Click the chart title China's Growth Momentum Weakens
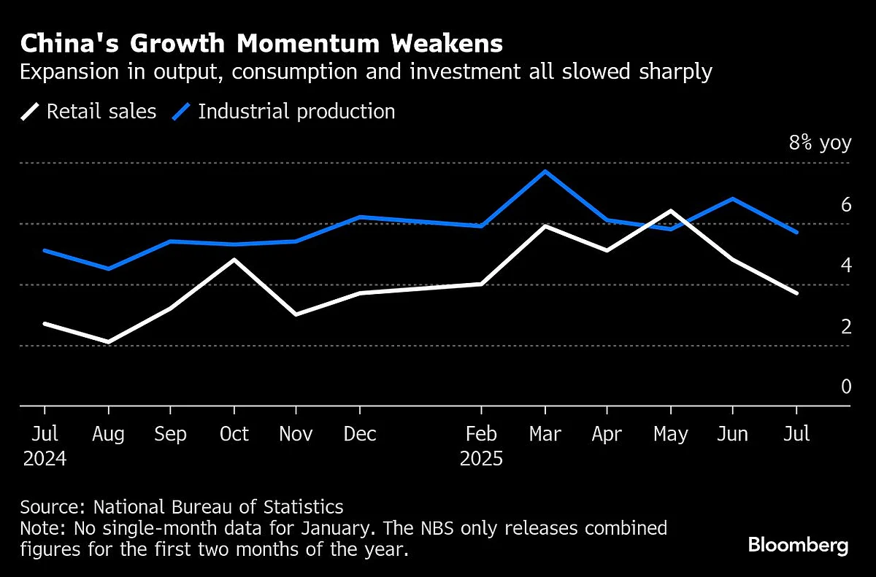pos(261,44)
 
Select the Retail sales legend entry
pos(89,112)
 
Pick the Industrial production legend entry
pos(284,112)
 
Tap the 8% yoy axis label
pos(820,142)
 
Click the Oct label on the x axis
pos(234,434)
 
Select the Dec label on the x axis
pos(360,434)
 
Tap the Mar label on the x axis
pos(545,434)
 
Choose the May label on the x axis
pos(671,434)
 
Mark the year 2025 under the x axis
pos(482,459)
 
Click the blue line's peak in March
pos(545,171)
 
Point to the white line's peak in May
pos(671,211)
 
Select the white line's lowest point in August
pos(108,341)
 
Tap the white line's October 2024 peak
pos(234,259)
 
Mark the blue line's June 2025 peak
pos(733,198)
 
